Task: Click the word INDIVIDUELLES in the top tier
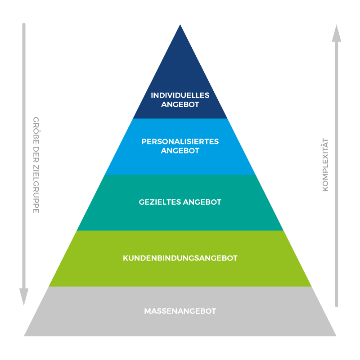click(x=180, y=95)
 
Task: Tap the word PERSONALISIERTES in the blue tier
click(x=180, y=141)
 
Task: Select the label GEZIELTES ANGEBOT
click(x=180, y=202)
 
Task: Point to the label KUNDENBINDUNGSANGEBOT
click(x=180, y=258)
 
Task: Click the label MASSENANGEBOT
click(x=180, y=311)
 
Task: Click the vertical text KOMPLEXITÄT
click(x=326, y=165)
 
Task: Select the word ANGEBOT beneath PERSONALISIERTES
click(x=180, y=151)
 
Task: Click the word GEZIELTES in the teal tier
click(x=159, y=202)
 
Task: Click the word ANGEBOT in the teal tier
click(x=202, y=202)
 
